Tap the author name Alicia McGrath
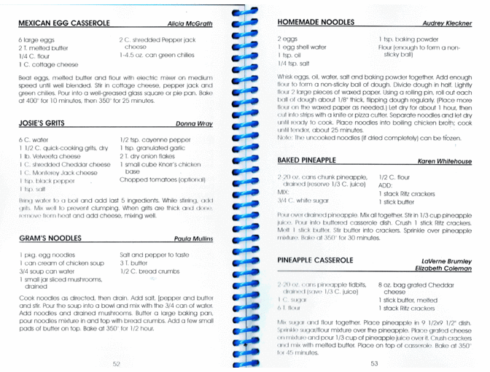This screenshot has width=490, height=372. (x=190, y=24)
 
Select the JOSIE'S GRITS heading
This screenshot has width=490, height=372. (x=42, y=123)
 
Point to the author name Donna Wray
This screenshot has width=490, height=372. (x=194, y=124)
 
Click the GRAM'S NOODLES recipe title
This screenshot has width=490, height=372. (x=50, y=238)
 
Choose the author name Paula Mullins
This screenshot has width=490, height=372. (x=193, y=239)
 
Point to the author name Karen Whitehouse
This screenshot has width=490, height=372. (x=444, y=161)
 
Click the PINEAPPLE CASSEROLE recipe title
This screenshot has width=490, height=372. (x=316, y=260)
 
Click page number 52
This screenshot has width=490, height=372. (x=116, y=363)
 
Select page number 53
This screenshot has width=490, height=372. (x=374, y=363)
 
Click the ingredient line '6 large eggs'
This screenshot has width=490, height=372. (x=37, y=39)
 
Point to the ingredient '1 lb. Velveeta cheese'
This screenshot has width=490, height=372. (x=50, y=156)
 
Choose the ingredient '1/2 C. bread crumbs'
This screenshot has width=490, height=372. (x=149, y=271)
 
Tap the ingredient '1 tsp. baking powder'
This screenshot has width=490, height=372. (x=408, y=39)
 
